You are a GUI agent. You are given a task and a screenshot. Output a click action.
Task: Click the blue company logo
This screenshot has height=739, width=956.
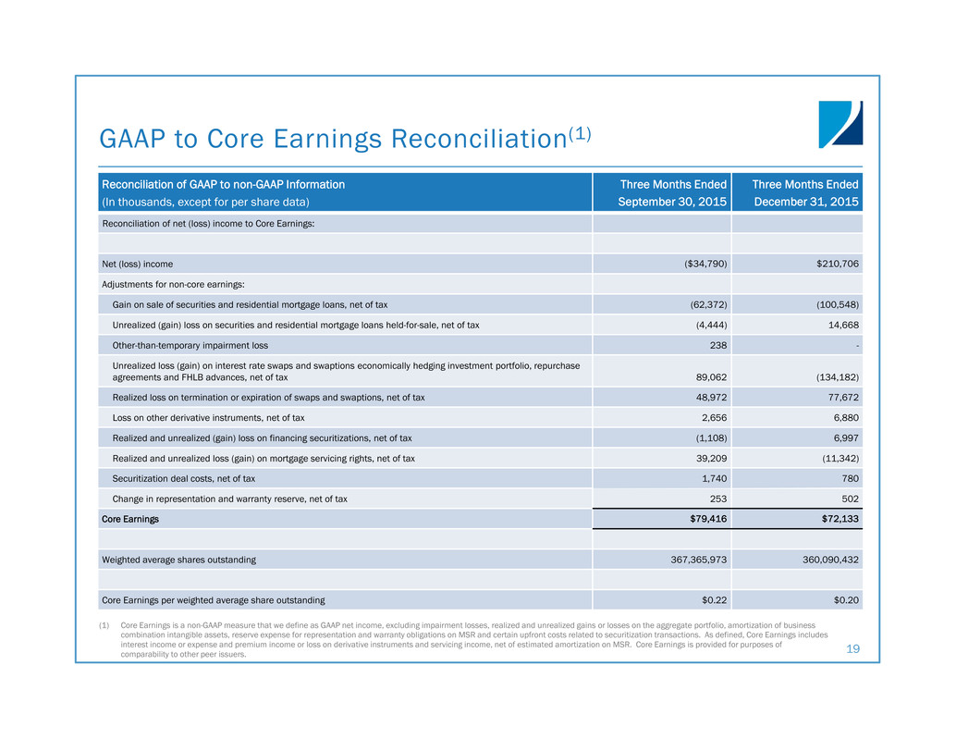click(840, 124)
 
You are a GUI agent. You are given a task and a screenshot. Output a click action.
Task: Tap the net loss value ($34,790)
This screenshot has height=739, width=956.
click(704, 264)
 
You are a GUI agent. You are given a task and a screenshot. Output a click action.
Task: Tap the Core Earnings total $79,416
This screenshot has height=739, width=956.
click(705, 519)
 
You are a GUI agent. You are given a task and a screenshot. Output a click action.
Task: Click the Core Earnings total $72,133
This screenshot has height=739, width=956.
click(836, 519)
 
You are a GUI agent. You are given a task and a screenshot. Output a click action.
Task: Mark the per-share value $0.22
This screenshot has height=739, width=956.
click(714, 600)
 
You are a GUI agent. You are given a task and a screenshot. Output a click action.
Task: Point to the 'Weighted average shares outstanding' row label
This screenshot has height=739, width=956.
click(178, 560)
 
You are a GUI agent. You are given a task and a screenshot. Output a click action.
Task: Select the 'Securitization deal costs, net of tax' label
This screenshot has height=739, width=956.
click(184, 478)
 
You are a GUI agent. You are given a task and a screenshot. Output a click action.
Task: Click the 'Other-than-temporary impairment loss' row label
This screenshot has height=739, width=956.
click(190, 345)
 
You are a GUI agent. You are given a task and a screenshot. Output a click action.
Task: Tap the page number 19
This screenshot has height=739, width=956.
click(852, 649)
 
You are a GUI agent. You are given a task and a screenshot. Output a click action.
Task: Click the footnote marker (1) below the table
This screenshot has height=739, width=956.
click(106, 626)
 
